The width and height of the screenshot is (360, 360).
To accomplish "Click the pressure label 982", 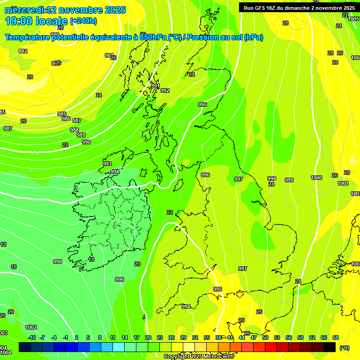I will (22, 51).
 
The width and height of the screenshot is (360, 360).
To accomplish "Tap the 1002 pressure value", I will (31, 327).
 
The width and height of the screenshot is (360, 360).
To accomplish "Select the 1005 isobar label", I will (354, 19).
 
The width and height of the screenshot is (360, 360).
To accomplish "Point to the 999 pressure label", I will (289, 180).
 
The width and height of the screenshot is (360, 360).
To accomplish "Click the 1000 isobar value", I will (316, 178).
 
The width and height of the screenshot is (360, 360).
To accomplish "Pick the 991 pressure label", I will (156, 86).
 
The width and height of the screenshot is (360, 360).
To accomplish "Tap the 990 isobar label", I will (86, 142).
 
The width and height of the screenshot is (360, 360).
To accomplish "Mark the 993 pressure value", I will (107, 164).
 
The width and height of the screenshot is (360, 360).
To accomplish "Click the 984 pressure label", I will (109, 55).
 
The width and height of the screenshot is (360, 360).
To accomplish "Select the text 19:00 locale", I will (36, 21).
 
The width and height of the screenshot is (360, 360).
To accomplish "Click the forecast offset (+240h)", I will (83, 21).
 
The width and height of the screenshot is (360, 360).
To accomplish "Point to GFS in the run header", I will (262, 8).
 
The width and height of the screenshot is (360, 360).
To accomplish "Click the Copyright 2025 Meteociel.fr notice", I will (199, 357).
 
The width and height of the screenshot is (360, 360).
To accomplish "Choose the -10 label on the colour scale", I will (32, 337).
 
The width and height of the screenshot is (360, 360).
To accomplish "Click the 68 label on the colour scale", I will (336, 337).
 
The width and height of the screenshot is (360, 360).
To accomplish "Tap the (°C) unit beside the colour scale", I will (345, 348).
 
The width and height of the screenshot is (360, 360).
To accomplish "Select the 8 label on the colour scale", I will (100, 337).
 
